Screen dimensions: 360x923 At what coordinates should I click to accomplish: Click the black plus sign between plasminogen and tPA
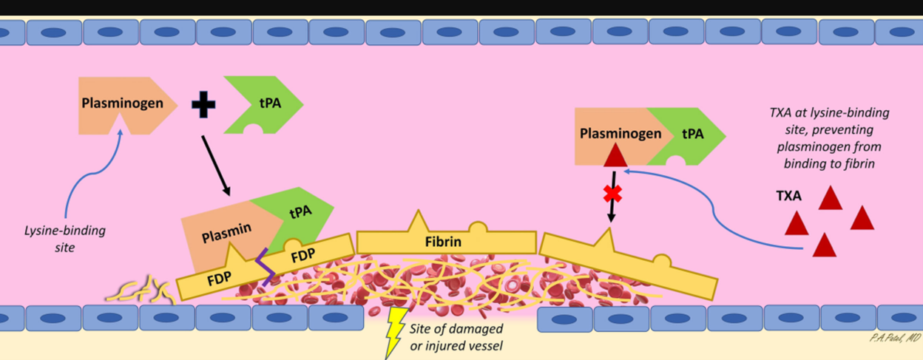[x=203, y=104]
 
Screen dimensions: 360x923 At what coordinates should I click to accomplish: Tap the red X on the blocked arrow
[x=612, y=194]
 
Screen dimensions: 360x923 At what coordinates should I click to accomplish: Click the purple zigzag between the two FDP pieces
[x=264, y=268]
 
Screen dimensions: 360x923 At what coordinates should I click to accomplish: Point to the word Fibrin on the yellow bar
[x=444, y=242]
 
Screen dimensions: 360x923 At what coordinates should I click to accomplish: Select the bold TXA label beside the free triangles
[x=788, y=197]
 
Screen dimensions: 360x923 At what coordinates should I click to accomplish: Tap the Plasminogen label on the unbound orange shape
[x=121, y=103]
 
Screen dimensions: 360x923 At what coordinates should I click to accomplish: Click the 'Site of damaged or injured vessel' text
[x=456, y=336]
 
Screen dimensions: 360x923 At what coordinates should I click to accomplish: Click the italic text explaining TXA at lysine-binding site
[x=828, y=138]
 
